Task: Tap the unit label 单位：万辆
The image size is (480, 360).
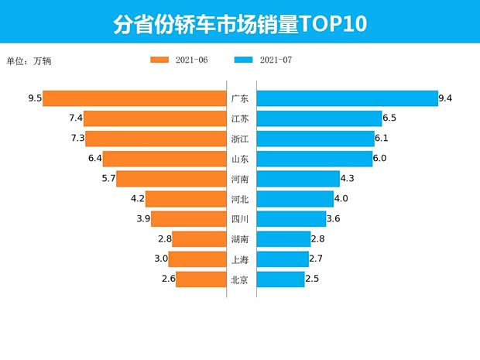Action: click(32, 60)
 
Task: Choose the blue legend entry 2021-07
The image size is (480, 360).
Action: click(262, 60)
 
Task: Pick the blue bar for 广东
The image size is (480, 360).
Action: click(346, 98)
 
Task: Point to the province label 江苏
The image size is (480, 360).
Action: click(240, 118)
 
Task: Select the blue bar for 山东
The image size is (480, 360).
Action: click(314, 159)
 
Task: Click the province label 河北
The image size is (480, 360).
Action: click(240, 199)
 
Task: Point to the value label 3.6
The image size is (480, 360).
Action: click(334, 219)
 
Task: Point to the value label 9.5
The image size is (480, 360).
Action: click(33, 98)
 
